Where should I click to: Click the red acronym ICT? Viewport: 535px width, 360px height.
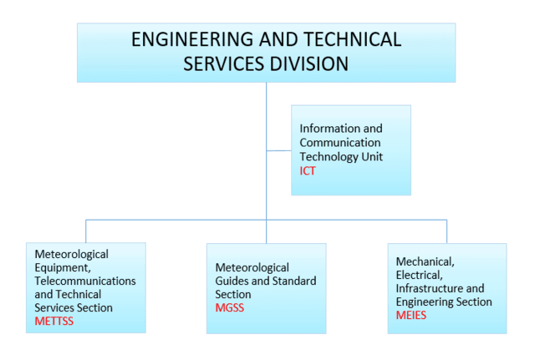tap(308, 170)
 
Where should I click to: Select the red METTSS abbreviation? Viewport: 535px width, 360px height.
tap(53, 321)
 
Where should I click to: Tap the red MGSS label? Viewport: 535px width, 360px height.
tap(230, 308)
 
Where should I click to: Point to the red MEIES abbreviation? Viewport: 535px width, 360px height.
tap(411, 316)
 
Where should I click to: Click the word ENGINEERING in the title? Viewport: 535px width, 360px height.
tap(193, 39)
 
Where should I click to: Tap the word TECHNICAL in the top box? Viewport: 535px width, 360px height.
tap(352, 39)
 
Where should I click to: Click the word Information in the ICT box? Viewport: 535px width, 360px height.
tap(326, 129)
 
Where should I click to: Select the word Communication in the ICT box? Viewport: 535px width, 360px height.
tap(340, 143)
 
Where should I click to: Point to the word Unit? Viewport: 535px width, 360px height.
tap(373, 157)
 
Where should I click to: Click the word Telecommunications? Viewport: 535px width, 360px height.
tap(85, 281)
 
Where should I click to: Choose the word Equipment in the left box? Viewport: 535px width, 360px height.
tap(63, 268)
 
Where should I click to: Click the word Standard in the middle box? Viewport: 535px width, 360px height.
tap(294, 281)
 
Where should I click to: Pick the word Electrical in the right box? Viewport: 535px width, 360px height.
tap(420, 275)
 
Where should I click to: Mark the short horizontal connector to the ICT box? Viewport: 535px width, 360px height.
tap(278, 150)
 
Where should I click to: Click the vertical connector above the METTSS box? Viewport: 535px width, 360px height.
tap(86, 231)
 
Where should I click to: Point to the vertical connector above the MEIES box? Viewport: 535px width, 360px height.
tap(446, 232)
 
